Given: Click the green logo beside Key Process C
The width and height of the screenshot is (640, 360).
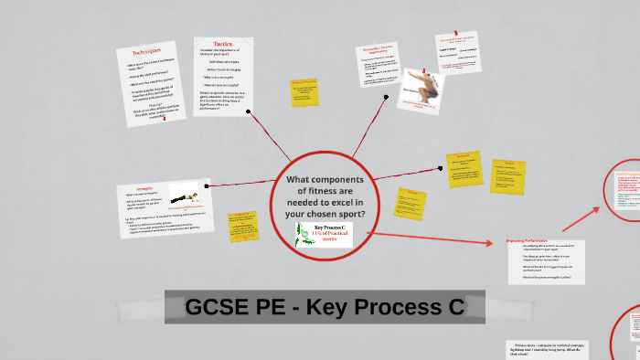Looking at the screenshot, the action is coord(304,234).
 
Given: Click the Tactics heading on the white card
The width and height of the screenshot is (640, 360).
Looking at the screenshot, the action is coord(223,43).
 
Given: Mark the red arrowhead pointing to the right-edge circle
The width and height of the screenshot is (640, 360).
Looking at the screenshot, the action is coord(599,207).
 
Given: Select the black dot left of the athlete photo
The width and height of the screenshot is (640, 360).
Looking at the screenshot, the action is coord(387,95).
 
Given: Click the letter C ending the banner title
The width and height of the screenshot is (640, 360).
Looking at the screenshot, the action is coord(453,308).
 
